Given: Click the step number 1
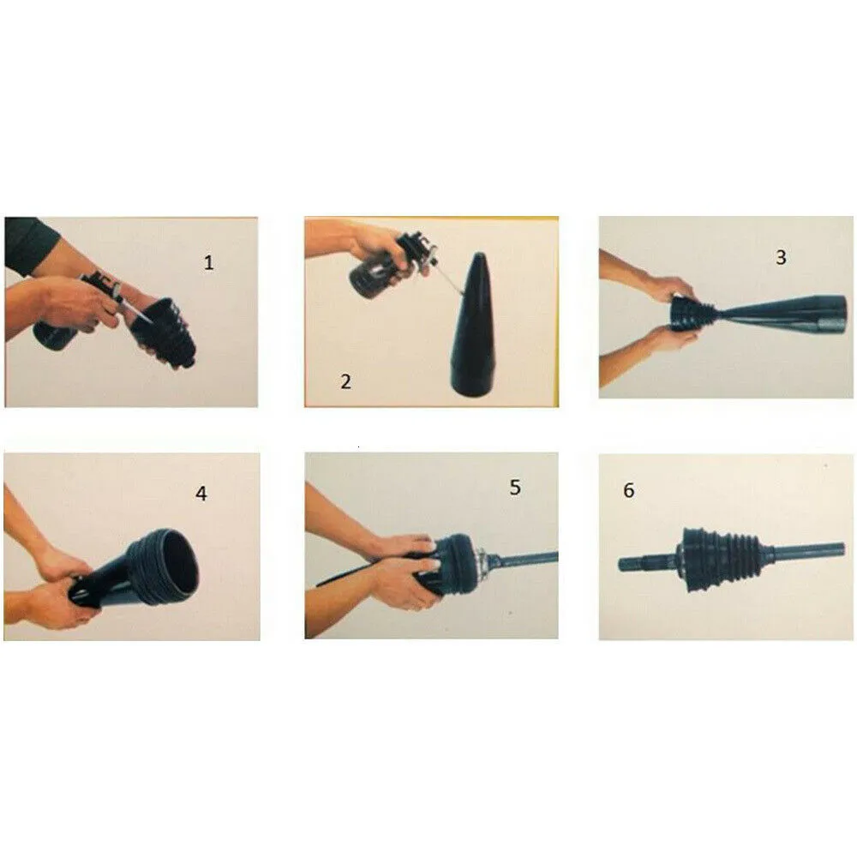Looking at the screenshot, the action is pyautogui.click(x=208, y=263).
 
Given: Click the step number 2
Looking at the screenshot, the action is pyautogui.click(x=345, y=381).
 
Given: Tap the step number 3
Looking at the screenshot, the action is pyautogui.click(x=781, y=257).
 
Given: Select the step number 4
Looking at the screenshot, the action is pyautogui.click(x=201, y=494).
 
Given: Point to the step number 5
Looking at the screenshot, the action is pyautogui.click(x=515, y=488).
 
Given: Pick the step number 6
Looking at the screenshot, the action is pyautogui.click(x=628, y=490).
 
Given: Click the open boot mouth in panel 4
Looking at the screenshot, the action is pyautogui.click(x=180, y=566).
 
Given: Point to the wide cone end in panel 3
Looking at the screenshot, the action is pyautogui.click(x=830, y=314).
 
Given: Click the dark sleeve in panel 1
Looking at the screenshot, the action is pyautogui.click(x=30, y=243).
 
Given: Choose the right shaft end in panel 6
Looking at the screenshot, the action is pyautogui.click(x=834, y=549).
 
